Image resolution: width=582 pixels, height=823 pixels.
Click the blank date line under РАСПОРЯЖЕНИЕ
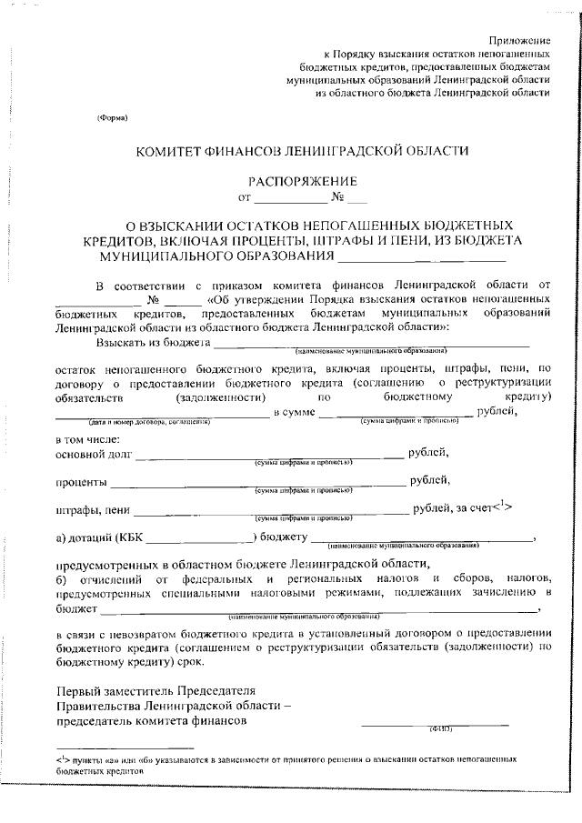point(289,199)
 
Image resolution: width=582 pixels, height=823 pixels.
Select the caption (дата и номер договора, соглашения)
point(150,422)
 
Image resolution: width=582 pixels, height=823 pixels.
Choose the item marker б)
point(62,578)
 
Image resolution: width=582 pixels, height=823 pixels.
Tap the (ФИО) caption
point(440,728)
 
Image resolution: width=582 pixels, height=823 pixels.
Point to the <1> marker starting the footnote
point(63,757)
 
